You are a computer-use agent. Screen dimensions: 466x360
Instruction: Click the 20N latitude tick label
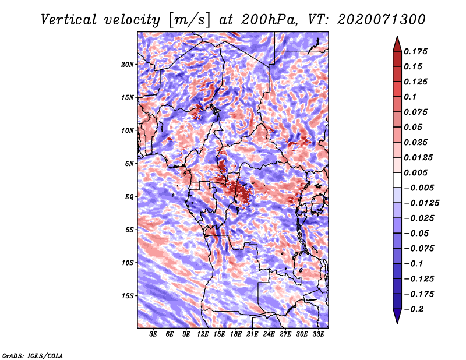[128, 64]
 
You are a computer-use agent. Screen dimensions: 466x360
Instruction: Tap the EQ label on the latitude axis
[129, 197]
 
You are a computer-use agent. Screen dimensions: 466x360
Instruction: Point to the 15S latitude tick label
[128, 296]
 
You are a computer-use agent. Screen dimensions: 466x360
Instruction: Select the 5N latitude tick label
[129, 164]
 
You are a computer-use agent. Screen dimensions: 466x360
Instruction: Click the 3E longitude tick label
[153, 334]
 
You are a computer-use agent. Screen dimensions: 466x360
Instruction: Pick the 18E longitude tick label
[236, 334]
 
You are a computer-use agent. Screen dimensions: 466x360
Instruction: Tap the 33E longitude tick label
[318, 334]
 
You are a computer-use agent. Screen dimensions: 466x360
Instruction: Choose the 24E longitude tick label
[269, 334]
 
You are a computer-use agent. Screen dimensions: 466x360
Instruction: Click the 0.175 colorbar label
[415, 51]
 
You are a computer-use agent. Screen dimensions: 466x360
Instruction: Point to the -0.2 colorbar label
[414, 309]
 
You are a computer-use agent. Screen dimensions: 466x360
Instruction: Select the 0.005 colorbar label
[415, 172]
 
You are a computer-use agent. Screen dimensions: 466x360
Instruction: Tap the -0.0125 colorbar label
[421, 203]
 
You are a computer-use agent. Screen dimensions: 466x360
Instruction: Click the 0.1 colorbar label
[410, 97]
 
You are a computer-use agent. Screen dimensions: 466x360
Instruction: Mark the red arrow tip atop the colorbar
[397, 36]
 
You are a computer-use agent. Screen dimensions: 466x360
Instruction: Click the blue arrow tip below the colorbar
[397, 323]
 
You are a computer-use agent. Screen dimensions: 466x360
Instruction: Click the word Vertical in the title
[69, 20]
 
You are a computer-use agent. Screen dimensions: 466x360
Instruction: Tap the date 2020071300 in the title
[382, 20]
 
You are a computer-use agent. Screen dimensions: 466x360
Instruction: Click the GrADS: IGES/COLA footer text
[33, 355]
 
